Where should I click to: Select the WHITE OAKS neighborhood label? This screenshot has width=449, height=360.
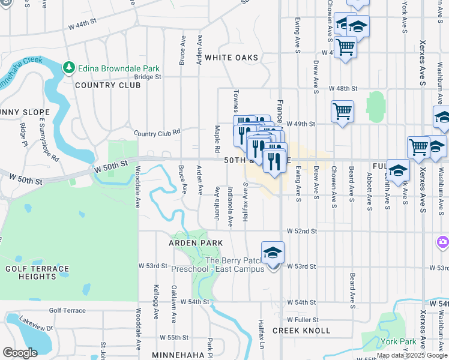point(231,58)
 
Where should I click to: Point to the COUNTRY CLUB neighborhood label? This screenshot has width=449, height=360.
point(108,85)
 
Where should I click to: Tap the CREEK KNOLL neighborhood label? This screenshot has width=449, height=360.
point(301,331)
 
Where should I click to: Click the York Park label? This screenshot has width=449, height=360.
point(398,342)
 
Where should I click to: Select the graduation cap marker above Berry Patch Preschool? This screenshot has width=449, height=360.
point(273,253)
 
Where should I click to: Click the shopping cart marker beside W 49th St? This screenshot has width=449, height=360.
point(342,110)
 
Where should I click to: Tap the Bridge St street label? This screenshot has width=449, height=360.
point(148,77)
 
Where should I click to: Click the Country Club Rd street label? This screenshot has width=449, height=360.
point(157,133)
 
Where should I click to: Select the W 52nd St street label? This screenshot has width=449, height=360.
point(301,231)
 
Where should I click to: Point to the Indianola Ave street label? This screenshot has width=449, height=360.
point(231,206)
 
